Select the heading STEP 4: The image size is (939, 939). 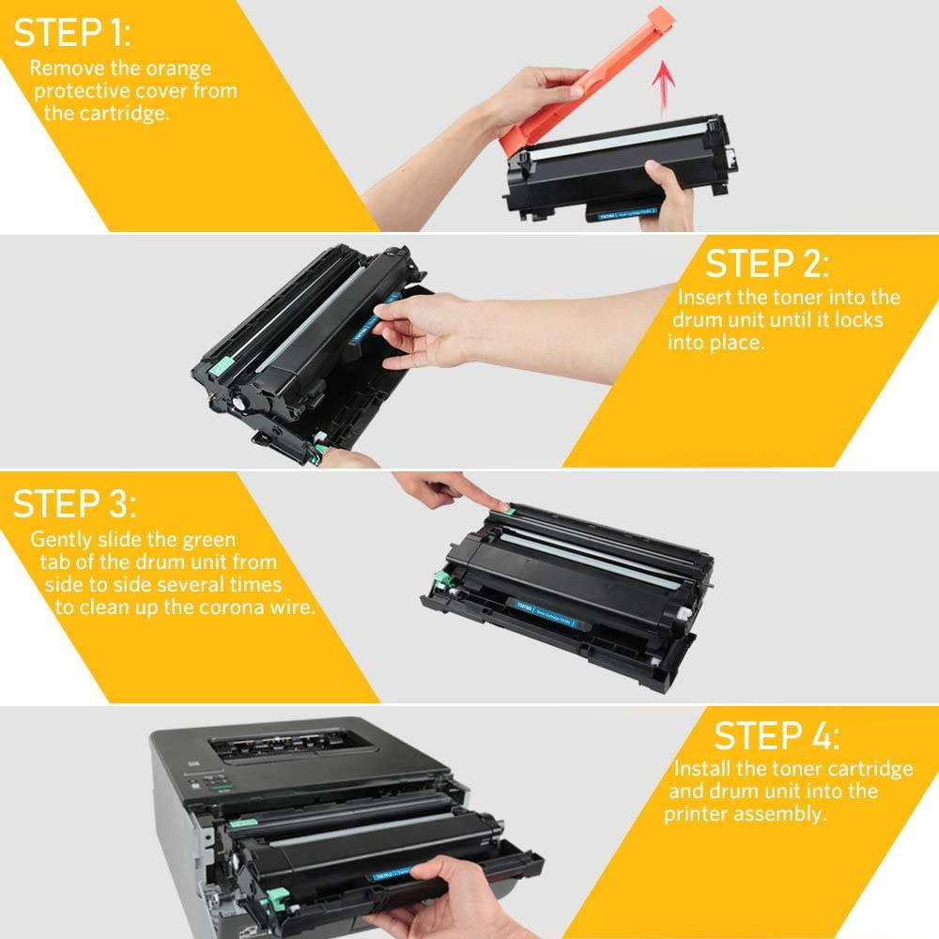click(777, 734)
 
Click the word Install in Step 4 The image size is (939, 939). click(703, 768)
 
